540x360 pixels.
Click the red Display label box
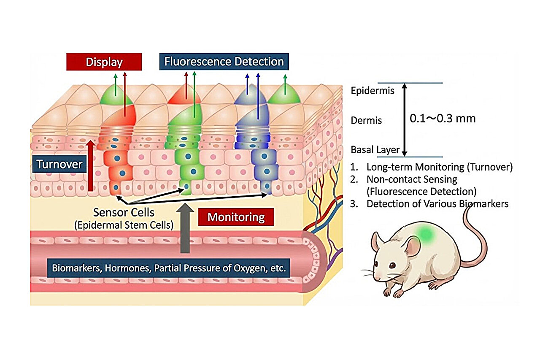click(104, 62)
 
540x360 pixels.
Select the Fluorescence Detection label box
click(224, 62)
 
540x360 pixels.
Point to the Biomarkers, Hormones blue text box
click(168, 268)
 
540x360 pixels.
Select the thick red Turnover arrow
click(90, 166)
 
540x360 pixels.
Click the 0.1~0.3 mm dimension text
click(443, 119)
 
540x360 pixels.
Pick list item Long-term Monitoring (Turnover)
click(439, 167)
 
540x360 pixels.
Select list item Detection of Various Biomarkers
click(437, 203)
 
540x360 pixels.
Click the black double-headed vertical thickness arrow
click(405, 119)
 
